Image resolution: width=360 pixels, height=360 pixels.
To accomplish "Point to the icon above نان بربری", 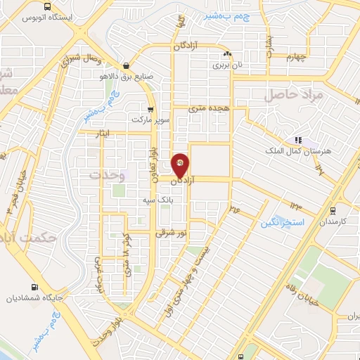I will point(226,54).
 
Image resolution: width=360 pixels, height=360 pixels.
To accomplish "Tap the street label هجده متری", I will point(213,108).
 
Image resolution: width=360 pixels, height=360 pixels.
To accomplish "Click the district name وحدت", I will point(106,174).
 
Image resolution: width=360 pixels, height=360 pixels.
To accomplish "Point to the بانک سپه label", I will point(155,200).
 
